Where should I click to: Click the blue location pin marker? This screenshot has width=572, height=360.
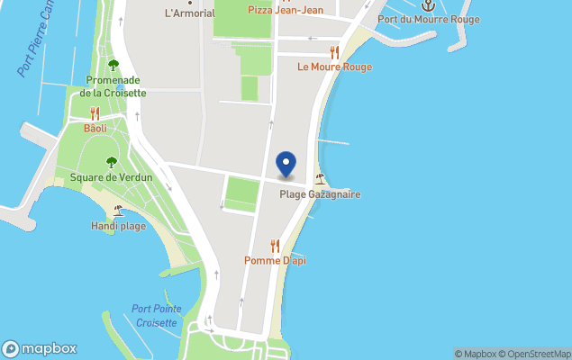pyautogui.click(x=286, y=165)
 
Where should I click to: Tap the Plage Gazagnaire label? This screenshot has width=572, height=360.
pyautogui.click(x=319, y=193)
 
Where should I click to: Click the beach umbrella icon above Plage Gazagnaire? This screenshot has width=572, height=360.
pyautogui.click(x=320, y=179)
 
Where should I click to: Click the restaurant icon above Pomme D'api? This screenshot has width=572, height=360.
pyautogui.click(x=275, y=246)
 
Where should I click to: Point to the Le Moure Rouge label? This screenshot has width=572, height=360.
pyautogui.click(x=335, y=67)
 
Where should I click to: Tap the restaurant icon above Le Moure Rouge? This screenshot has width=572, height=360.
pyautogui.click(x=335, y=52)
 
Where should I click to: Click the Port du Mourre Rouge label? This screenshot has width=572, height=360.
pyautogui.click(x=429, y=19)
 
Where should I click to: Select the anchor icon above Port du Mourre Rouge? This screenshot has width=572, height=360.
pyautogui.click(x=430, y=5)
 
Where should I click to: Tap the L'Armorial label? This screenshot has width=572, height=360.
pyautogui.click(x=190, y=13)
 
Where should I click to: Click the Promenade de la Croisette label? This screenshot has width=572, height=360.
pyautogui.click(x=113, y=86)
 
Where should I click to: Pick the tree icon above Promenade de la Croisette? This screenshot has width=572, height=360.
pyautogui.click(x=113, y=65)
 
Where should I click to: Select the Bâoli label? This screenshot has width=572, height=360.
pyautogui.click(x=95, y=128)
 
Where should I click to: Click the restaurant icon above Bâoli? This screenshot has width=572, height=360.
pyautogui.click(x=95, y=113)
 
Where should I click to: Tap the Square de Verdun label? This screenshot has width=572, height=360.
pyautogui.click(x=112, y=177)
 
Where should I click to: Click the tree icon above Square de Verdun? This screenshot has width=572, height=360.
pyautogui.click(x=112, y=162)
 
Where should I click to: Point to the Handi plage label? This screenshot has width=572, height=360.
pyautogui.click(x=118, y=226)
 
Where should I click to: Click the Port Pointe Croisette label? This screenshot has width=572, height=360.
pyautogui.click(x=157, y=315)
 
